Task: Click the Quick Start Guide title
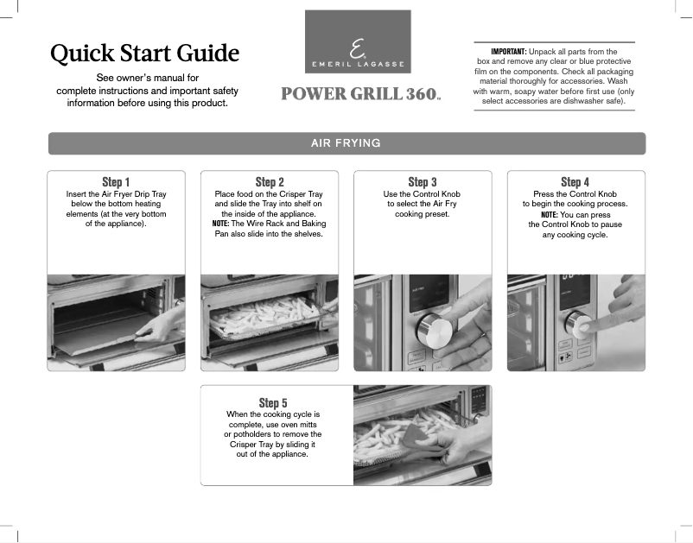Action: click(144, 54)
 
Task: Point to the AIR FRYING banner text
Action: click(346, 143)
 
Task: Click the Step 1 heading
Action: click(116, 182)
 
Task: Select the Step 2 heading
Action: click(270, 182)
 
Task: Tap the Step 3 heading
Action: click(423, 182)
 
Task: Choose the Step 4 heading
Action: click(575, 182)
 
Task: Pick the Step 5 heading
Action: click(269, 403)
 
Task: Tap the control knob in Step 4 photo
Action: click(576, 324)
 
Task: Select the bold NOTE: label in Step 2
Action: click(219, 224)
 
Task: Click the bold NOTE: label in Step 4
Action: click(549, 214)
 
